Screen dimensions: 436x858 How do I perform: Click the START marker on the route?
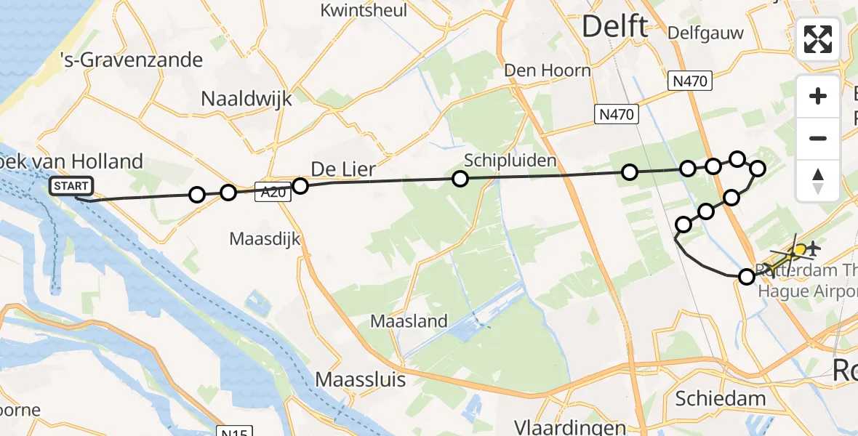point(72,187)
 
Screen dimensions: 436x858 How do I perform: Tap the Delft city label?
point(614,28)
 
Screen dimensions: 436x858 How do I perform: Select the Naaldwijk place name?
point(246,98)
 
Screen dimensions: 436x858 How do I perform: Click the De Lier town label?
point(343,170)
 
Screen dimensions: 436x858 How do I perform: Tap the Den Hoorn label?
point(549,70)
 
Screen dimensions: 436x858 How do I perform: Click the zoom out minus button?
point(818,138)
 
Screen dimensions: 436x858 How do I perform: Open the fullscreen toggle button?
point(818,39)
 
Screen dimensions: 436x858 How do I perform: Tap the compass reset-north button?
point(818,180)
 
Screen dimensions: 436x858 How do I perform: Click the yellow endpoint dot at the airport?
point(799,251)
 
